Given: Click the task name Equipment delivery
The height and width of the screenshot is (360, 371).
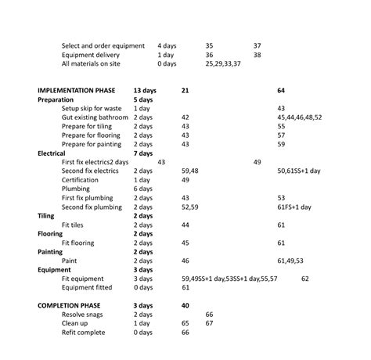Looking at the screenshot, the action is [x=90, y=55].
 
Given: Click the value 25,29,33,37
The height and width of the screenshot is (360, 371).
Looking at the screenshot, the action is [x=222, y=64].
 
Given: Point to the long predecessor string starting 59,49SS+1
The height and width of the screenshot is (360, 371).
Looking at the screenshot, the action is [x=229, y=279].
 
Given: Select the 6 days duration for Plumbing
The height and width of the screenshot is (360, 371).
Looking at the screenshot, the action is [x=142, y=189].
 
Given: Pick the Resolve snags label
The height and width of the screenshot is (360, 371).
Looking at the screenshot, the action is [x=88, y=314].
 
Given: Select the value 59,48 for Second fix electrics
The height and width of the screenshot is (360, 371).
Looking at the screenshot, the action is [x=189, y=171].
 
